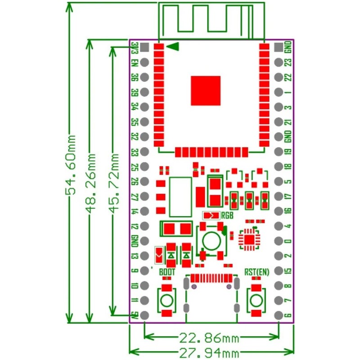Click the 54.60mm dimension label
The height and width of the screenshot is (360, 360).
coord(72,166)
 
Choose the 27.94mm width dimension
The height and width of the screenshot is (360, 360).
coord(210,351)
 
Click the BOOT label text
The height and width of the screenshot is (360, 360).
coord(167,272)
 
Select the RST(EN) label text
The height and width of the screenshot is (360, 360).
coord(256,272)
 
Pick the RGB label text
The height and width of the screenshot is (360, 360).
coord(227,215)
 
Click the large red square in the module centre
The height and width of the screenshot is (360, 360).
coord(206,90)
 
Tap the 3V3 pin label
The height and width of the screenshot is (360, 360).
coord(135,47)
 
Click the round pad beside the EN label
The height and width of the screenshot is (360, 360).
coord(144,62)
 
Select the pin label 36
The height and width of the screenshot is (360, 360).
coord(135,77)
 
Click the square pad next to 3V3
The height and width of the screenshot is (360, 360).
coord(144,47)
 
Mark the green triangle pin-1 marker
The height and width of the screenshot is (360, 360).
coord(174,46)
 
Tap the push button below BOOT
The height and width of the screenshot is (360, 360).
coord(167,300)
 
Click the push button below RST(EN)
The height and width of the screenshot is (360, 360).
coord(256,300)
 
